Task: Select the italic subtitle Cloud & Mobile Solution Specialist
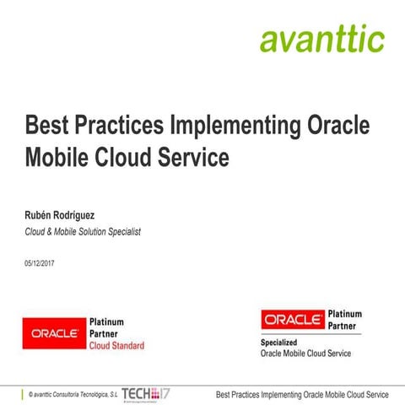click(x=84, y=231)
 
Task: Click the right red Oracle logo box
click(x=292, y=320)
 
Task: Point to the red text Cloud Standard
click(x=116, y=346)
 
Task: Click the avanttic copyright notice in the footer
click(x=73, y=394)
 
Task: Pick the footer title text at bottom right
click(x=302, y=394)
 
